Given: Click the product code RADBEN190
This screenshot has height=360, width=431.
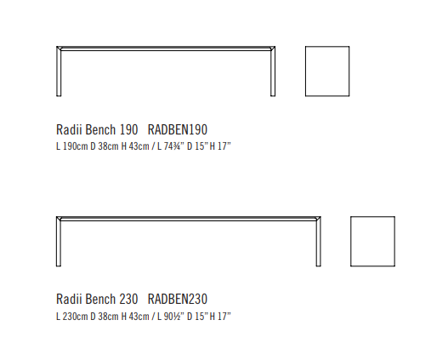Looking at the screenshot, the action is pos(178,129).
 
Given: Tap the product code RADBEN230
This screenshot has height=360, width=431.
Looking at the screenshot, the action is pos(178,299).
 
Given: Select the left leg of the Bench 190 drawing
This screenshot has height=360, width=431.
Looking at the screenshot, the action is pos(59,71).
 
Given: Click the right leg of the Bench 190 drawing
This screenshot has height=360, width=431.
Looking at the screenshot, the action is pos(273,71).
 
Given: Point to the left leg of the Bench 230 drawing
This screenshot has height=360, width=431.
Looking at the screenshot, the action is pos(59,242).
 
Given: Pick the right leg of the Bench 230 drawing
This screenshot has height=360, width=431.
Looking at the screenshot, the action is pos(318,242).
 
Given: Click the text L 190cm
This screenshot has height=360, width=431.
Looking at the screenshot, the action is pos(72,146).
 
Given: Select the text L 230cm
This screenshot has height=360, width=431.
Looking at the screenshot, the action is pos(72,317).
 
